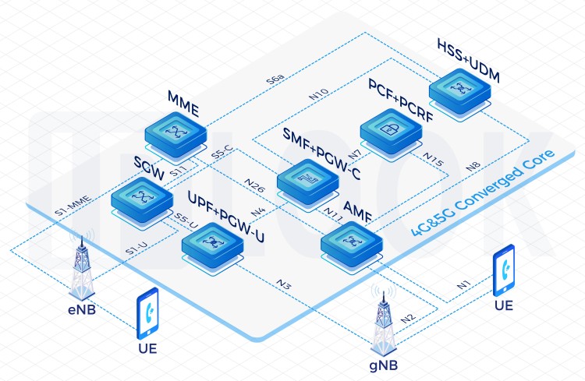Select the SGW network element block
(142, 202)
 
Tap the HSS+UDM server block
(459, 93)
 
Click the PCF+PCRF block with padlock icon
(391, 133)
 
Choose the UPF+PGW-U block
(213, 247)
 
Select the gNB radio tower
(384, 319)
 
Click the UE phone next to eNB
(147, 312)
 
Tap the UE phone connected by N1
(504, 270)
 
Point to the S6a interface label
(275, 79)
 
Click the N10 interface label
(319, 93)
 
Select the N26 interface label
(255, 185)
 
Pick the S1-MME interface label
(73, 206)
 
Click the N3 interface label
(284, 284)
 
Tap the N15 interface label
(433, 160)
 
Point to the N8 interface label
(473, 167)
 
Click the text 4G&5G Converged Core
(483, 192)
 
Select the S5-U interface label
(186, 220)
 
